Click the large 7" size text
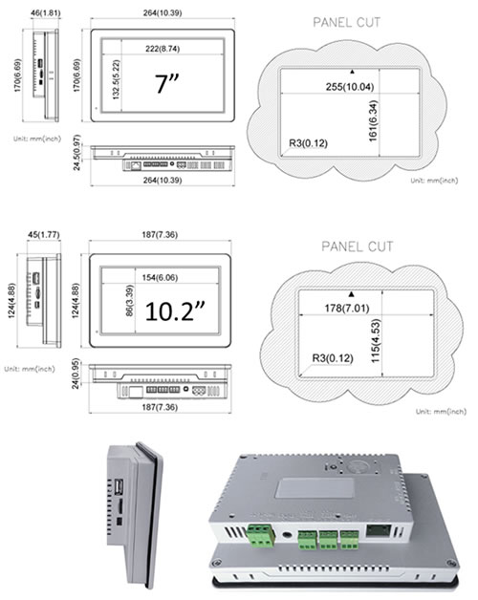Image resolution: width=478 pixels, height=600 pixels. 174,84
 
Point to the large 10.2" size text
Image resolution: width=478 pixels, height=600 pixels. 175,311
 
